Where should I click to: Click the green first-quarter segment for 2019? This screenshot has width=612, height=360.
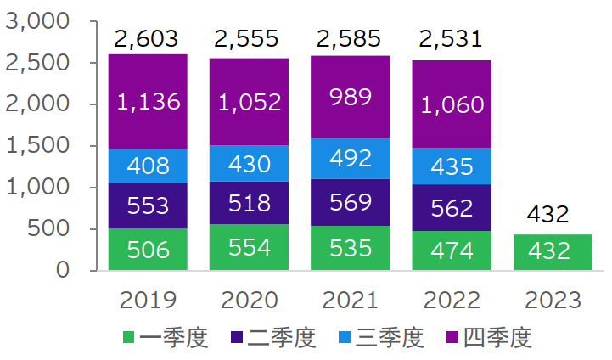[148, 249]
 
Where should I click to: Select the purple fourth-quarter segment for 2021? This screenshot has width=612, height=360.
[351, 97]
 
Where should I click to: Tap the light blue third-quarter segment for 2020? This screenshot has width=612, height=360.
[250, 163]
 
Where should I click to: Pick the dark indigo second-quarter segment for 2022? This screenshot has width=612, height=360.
[452, 207]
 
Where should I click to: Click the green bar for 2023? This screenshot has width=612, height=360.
[553, 252]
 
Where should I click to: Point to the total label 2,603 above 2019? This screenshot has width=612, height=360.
[146, 39]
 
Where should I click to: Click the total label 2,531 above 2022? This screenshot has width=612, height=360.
[450, 39]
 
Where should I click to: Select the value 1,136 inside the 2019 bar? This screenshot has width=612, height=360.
[148, 102]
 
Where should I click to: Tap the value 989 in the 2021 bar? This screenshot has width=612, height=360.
[351, 97]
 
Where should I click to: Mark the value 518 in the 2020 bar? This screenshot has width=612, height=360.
[250, 204]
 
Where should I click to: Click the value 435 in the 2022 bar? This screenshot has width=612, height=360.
[452, 166]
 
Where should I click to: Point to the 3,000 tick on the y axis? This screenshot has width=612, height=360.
[36, 21]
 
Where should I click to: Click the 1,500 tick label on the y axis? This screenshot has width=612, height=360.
[36, 145]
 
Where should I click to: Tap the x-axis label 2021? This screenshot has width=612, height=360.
[351, 301]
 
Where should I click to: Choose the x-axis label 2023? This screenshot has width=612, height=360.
[553, 301]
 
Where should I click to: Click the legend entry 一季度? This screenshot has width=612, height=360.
[174, 338]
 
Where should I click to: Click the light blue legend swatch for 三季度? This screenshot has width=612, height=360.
[345, 339]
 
